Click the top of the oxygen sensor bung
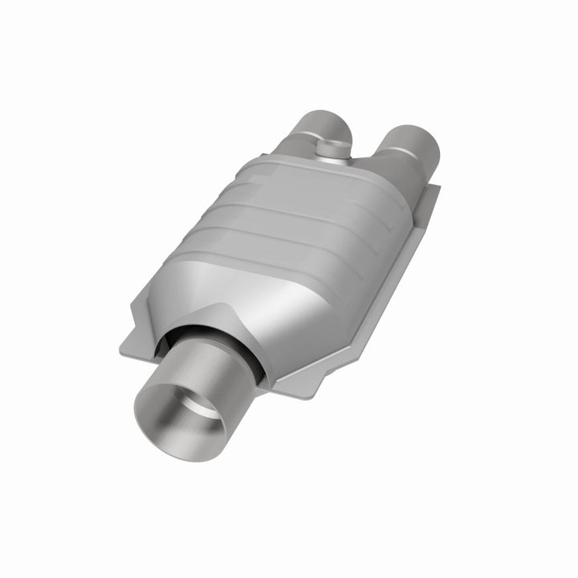pos(332,145)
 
